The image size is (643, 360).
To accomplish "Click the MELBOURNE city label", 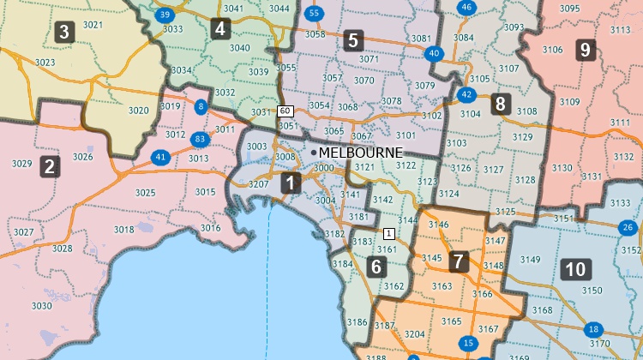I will coord(360,152).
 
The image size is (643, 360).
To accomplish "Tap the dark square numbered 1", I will coord(291,183).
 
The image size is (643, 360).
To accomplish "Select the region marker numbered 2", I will coord(50,166).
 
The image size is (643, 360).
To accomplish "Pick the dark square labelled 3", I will coord(63,33).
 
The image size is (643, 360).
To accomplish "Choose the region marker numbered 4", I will coord(220,28).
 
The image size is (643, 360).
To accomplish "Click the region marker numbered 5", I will coord(352,39).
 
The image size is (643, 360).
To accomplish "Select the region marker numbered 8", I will coord(501,105).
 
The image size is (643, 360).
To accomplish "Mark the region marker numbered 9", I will coord(586,49).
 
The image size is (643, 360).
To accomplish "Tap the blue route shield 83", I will coord(200,138).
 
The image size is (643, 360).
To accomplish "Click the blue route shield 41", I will coord(160,157).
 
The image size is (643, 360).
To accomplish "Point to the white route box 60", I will coord(285,111).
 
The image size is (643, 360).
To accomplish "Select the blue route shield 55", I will coord(314,13).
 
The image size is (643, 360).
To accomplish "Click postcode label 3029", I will coord(21,163).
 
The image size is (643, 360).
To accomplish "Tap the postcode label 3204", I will coord(414,334).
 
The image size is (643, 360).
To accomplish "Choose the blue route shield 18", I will coord(593,330).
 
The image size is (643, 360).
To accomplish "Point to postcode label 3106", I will coord(552,50).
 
